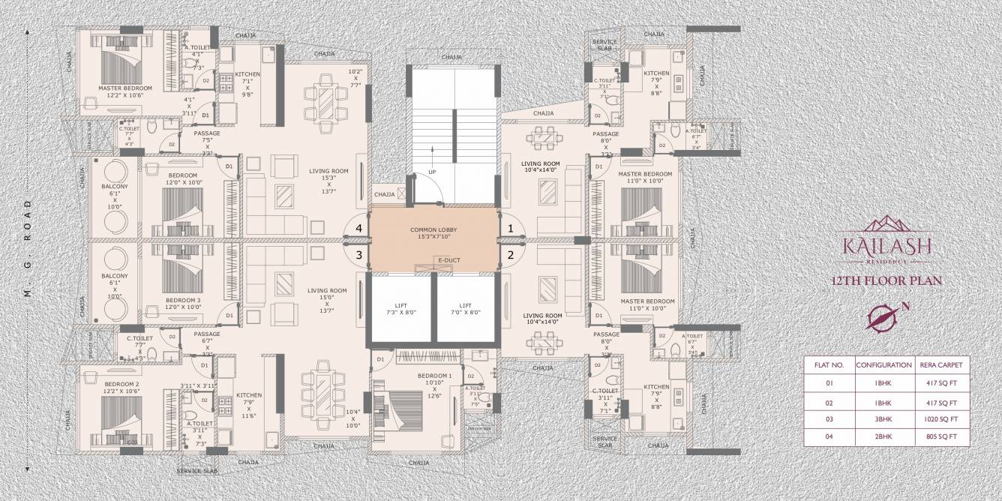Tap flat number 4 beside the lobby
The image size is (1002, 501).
click(359, 228)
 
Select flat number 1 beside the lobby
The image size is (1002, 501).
click(511, 228)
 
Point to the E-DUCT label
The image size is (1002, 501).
click(450, 261)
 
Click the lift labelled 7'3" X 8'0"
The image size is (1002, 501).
click(400, 309)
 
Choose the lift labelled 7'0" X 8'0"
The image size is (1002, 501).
click(466, 309)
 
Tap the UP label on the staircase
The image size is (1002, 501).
click(432, 172)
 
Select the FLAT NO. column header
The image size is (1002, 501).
click(829, 366)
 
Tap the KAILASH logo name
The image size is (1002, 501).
click(888, 246)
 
